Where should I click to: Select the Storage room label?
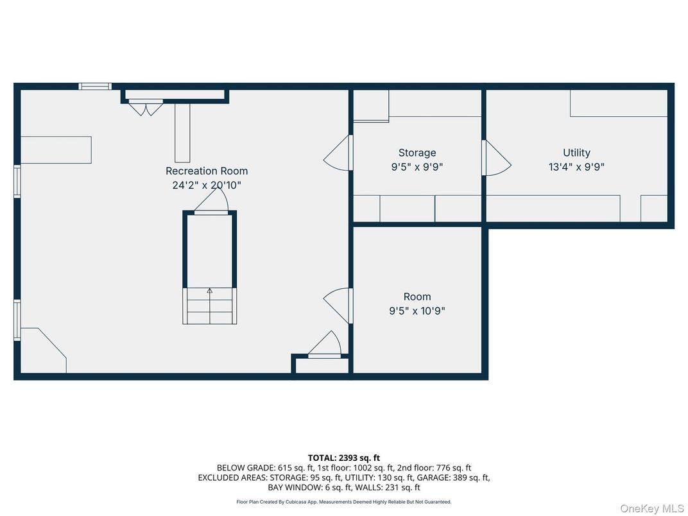[x=417, y=153]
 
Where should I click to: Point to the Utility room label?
[x=576, y=153]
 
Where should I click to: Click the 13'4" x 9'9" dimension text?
[x=576, y=167]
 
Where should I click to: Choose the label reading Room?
[x=417, y=297]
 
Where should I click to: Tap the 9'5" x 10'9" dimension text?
[x=417, y=311]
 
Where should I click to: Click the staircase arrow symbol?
[x=209, y=291]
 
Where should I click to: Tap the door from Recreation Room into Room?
[x=339, y=305]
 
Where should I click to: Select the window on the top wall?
[x=95, y=86]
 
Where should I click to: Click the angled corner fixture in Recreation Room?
[x=45, y=349]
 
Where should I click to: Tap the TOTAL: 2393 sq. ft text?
[x=343, y=458]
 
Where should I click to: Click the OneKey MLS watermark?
[x=651, y=508]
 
